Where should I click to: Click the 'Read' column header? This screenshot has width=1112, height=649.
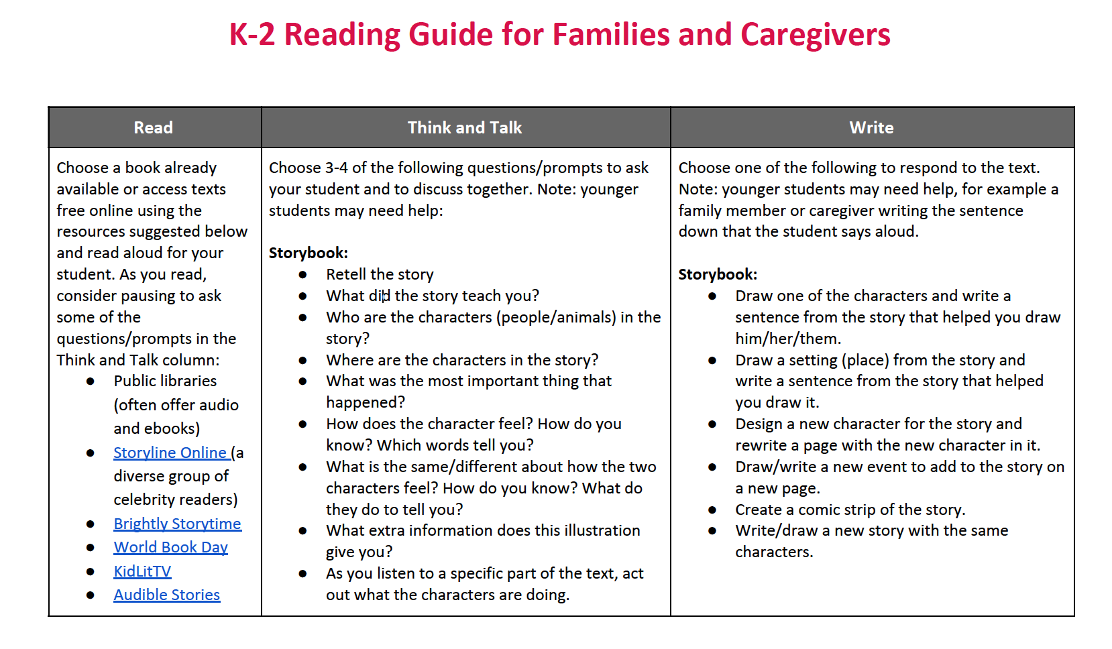(154, 127)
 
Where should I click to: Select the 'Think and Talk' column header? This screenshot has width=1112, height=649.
(465, 127)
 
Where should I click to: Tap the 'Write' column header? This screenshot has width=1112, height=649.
(871, 127)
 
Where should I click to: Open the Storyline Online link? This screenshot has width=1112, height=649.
(170, 453)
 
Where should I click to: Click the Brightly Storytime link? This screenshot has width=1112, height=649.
(177, 524)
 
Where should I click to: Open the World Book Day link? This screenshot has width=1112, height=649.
(170, 547)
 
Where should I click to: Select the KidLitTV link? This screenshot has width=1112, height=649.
(142, 571)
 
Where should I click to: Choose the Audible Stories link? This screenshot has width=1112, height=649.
(166, 595)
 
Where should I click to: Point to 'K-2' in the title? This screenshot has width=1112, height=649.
(252, 34)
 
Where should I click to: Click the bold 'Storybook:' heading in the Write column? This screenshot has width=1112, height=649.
(718, 274)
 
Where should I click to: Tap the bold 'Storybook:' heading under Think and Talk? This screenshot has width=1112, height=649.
(309, 253)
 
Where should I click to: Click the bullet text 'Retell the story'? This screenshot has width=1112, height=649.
(380, 274)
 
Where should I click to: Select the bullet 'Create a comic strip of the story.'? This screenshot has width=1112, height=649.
(850, 510)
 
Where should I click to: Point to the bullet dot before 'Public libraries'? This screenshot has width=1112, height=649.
(91, 381)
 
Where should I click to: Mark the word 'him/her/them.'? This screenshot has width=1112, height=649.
(788, 339)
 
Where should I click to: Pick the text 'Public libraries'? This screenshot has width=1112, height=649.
(165, 381)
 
